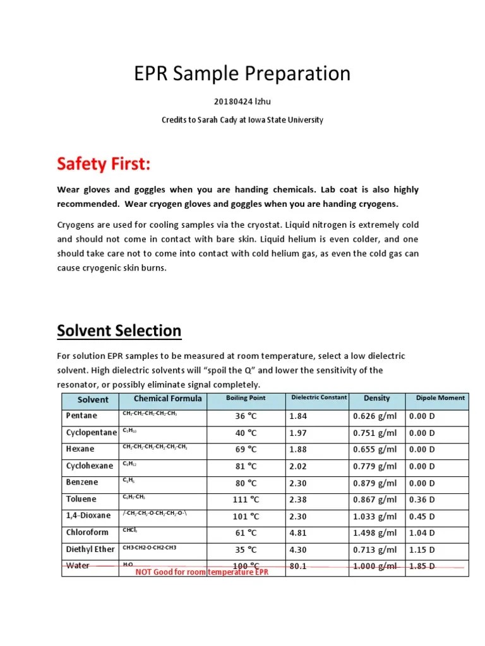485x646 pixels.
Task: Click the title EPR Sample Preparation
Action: (242, 74)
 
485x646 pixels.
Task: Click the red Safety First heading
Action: (104, 164)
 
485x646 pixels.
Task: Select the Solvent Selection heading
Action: (119, 330)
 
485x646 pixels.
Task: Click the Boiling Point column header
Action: (246, 399)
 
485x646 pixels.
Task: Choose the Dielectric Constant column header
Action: (318, 398)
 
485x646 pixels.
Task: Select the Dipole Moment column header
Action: (440, 398)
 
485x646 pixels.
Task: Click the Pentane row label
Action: (81, 416)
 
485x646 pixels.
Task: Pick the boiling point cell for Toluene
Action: (246, 499)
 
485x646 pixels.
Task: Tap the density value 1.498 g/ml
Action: (375, 532)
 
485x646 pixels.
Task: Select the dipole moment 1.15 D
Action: (422, 549)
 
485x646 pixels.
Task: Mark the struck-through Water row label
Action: (78, 566)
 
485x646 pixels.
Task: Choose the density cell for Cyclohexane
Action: (375, 466)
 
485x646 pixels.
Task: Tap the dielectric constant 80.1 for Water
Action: (297, 566)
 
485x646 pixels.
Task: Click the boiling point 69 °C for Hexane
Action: (246, 449)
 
